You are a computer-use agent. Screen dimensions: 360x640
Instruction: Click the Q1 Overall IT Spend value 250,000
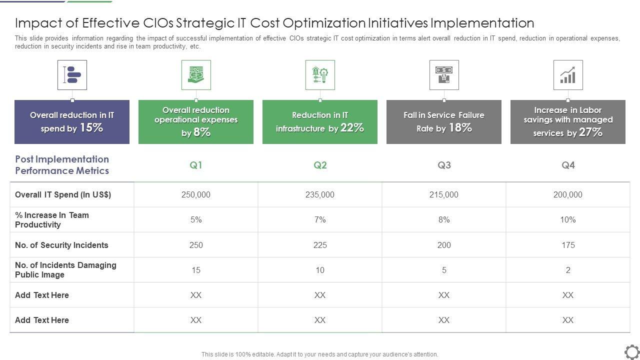[196, 194]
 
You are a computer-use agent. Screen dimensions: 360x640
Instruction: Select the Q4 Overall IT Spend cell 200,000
[567, 194]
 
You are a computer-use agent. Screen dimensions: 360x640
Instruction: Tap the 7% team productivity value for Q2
[320, 219]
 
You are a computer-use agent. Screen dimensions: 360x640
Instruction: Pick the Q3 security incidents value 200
[444, 245]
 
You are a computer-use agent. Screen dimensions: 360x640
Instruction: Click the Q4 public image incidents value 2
[568, 270]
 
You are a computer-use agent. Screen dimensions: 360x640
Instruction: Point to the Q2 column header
[320, 165]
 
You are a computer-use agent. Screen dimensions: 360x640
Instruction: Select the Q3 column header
[444, 165]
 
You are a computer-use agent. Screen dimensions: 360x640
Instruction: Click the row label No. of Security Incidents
[61, 245]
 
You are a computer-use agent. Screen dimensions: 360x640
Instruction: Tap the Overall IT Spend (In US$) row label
[63, 194]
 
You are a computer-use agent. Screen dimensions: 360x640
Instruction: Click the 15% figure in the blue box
[91, 127]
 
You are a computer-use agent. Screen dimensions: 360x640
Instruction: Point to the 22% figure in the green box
[352, 127]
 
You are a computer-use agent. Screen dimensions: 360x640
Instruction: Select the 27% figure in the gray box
[590, 132]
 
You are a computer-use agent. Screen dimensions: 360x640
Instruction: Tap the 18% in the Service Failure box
[460, 127]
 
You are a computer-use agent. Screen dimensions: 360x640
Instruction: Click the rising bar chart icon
[567, 75]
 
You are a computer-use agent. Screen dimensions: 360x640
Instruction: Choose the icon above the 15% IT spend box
[72, 75]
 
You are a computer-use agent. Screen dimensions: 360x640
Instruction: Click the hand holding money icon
[196, 75]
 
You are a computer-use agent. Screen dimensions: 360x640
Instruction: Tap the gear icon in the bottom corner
[631, 351]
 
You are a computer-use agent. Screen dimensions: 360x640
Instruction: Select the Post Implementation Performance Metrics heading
[62, 165]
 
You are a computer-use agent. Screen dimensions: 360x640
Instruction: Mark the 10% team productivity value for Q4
[568, 219]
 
